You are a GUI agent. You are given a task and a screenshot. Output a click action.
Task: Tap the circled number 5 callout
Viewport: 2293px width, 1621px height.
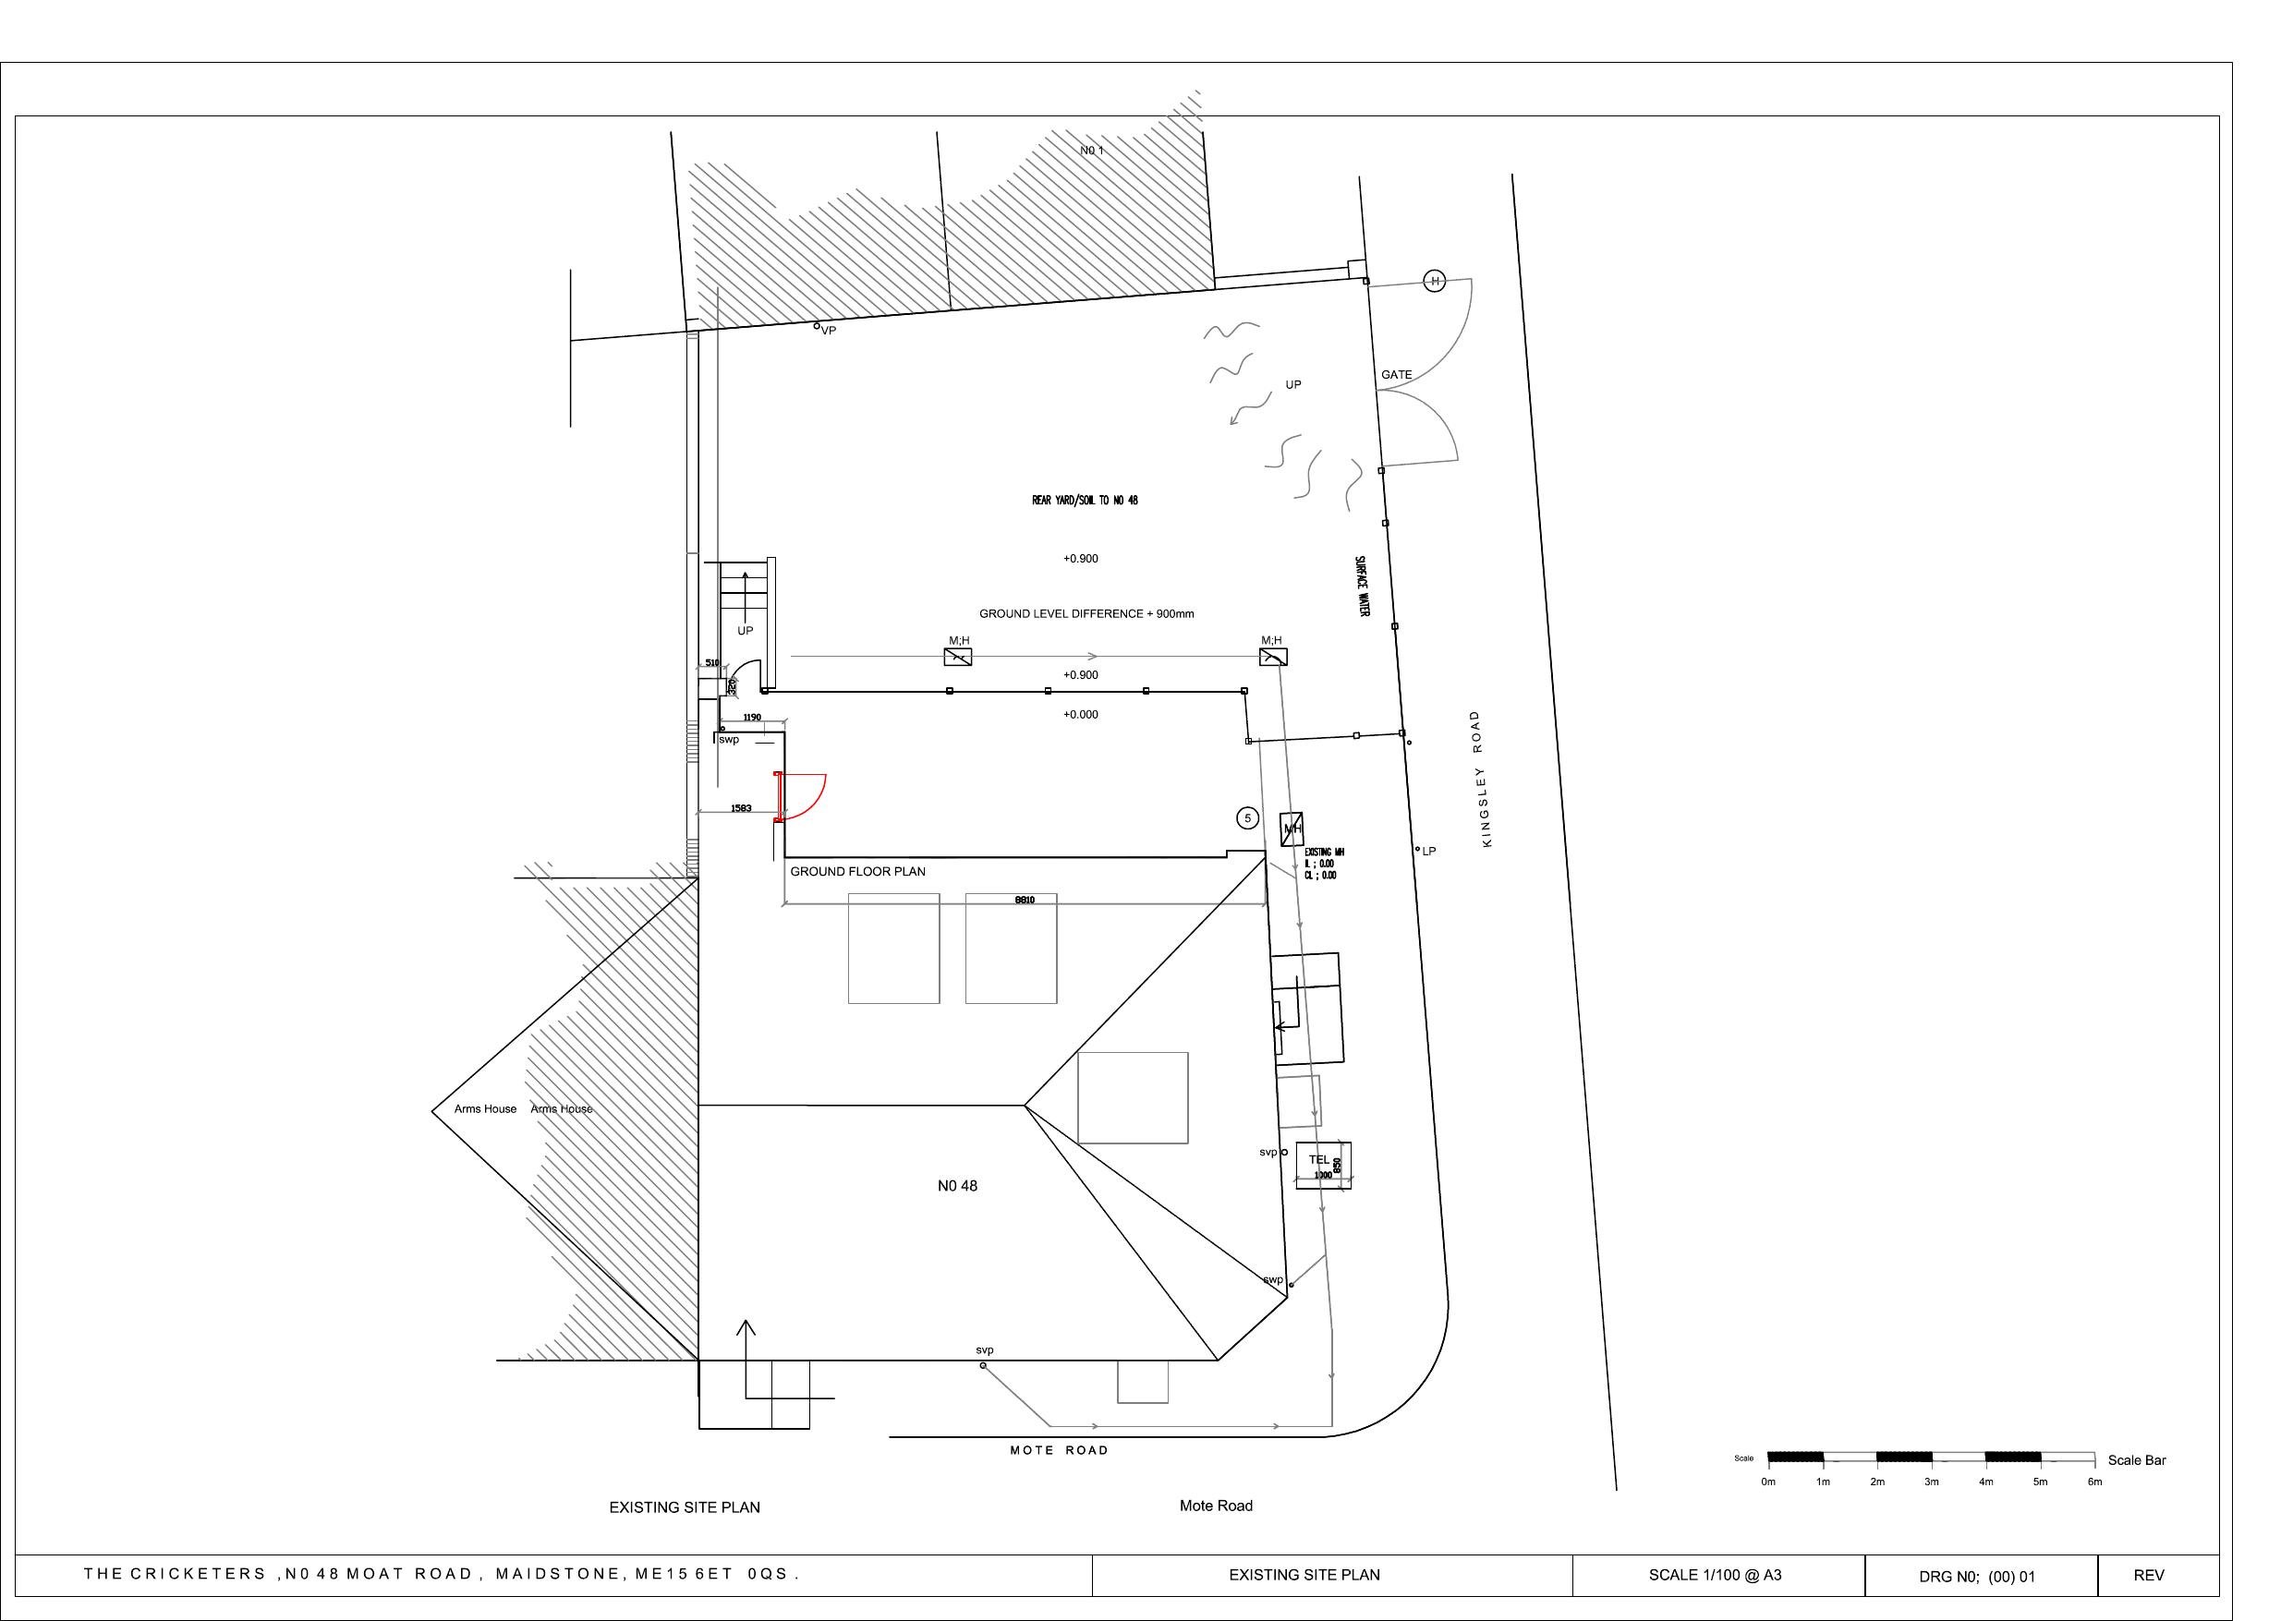pos(1247,819)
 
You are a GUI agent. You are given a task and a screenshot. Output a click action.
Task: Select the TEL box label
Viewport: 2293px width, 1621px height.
pos(1319,1159)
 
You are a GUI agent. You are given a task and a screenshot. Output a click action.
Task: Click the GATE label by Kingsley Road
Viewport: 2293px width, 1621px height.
pos(1396,374)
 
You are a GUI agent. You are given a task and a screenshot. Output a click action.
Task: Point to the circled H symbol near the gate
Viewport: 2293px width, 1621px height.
pos(1434,282)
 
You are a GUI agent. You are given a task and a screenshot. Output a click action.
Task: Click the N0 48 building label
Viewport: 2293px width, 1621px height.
pos(957,1186)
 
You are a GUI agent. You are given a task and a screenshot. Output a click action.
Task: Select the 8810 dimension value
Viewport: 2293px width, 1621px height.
pos(1025,900)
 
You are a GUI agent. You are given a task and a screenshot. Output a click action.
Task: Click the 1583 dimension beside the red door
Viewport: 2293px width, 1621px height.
pos(741,808)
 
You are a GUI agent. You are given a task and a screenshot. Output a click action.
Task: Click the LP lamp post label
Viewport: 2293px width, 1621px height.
pos(1428,851)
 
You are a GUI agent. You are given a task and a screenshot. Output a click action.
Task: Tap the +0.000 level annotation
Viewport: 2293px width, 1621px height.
pos(1081,714)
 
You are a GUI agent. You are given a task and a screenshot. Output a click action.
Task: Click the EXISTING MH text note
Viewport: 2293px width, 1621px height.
pos(1323,852)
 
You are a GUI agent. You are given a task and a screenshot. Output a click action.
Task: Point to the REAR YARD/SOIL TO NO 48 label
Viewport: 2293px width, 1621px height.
pos(1085,501)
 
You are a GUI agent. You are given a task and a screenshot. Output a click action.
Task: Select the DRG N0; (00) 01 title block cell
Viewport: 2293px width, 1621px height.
pos(1976,1576)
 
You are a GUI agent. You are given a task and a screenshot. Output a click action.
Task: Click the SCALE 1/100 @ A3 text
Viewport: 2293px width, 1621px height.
pos(1715,1575)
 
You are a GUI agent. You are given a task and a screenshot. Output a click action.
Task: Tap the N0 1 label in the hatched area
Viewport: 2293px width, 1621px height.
pos(1092,151)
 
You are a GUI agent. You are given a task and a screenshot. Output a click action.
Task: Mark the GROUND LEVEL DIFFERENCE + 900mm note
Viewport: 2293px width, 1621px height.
pos(1086,613)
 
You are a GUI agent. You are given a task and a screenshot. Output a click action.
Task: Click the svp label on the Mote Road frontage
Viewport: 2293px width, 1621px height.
pos(985,1350)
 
